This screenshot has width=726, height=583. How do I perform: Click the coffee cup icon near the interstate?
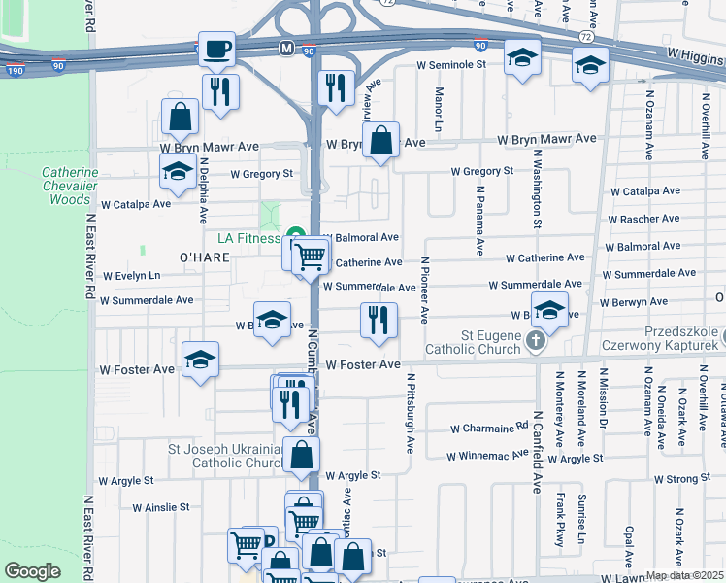(216, 48)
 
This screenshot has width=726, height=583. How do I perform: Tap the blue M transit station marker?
(286, 48)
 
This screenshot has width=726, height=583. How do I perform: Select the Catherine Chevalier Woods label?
(69, 186)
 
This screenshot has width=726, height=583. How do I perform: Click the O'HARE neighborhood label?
(203, 257)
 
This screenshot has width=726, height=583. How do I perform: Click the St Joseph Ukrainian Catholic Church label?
(223, 456)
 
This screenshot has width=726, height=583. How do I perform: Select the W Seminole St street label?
(450, 64)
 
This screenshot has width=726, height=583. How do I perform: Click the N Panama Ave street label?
(478, 223)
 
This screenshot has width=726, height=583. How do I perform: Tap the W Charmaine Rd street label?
(490, 429)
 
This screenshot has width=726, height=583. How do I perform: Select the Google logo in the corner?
(33, 571)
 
